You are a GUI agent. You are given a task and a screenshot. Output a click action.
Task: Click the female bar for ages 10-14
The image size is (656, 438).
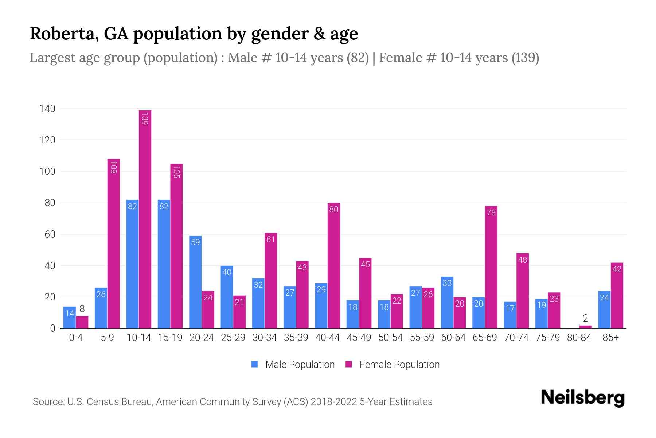pyautogui.click(x=145, y=219)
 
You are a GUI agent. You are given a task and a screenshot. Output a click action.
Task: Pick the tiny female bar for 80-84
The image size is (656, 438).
pyautogui.click(x=585, y=327)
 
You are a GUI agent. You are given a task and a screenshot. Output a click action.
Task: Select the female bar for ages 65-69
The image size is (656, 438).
pyautogui.click(x=491, y=267)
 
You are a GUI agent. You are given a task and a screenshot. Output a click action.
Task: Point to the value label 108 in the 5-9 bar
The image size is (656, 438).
pyautogui.click(x=113, y=167)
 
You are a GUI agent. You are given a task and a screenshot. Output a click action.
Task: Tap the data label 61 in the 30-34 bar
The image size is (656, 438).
pyautogui.click(x=271, y=239)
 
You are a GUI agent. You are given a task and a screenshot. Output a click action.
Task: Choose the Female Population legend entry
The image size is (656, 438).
pyautogui.click(x=393, y=364)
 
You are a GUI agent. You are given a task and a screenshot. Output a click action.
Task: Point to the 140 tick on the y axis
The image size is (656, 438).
pyautogui.click(x=47, y=108)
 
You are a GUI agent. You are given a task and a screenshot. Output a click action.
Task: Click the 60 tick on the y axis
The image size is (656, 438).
pyautogui.click(x=50, y=234)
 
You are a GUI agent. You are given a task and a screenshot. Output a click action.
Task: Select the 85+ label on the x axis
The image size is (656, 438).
pyautogui.click(x=610, y=338)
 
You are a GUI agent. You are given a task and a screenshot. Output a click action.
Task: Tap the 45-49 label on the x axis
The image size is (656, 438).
pyautogui.click(x=359, y=338)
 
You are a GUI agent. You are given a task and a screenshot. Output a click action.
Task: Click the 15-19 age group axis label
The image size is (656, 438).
pyautogui.click(x=170, y=338)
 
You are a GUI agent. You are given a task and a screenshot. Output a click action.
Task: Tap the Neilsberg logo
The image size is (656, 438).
pyautogui.click(x=582, y=398)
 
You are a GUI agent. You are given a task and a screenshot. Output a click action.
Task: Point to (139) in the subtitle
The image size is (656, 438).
pyautogui.click(x=525, y=58)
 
